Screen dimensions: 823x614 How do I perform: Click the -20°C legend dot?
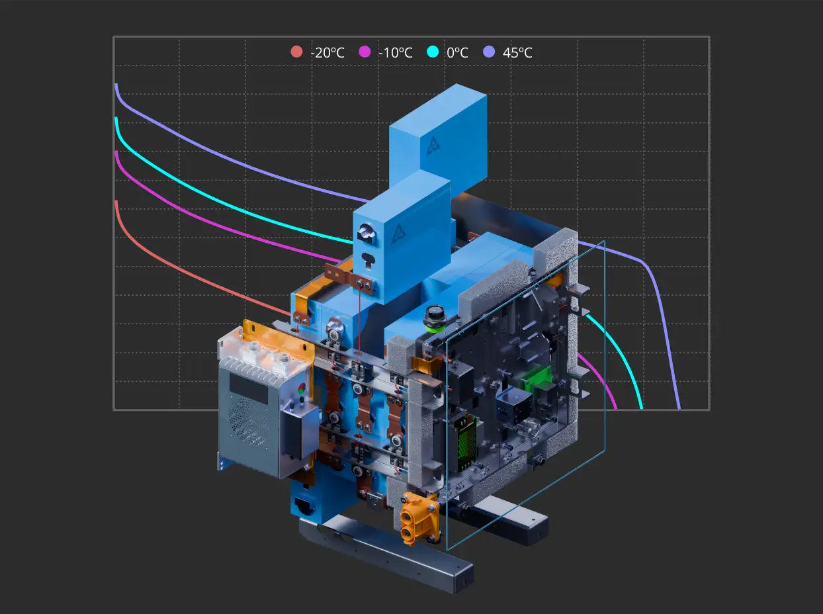click(x=296, y=52)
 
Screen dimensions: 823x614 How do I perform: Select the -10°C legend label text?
click(x=395, y=53)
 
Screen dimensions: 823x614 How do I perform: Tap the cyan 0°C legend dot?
click(x=433, y=52)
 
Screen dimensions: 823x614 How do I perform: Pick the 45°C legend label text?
click(x=517, y=53)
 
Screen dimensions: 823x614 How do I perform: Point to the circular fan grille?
click(x=249, y=421)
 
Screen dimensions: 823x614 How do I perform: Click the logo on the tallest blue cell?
click(x=434, y=146)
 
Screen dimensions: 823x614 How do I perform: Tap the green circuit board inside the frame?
click(x=536, y=378)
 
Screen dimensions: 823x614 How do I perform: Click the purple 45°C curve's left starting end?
click(x=116, y=85)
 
